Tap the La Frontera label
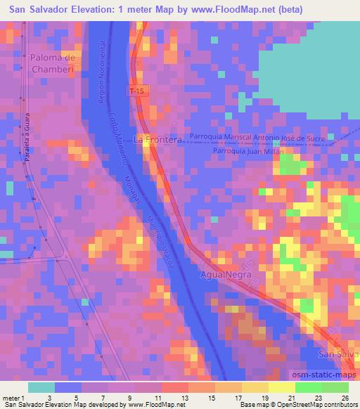tap(158, 139)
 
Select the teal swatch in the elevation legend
tap(41, 387)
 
